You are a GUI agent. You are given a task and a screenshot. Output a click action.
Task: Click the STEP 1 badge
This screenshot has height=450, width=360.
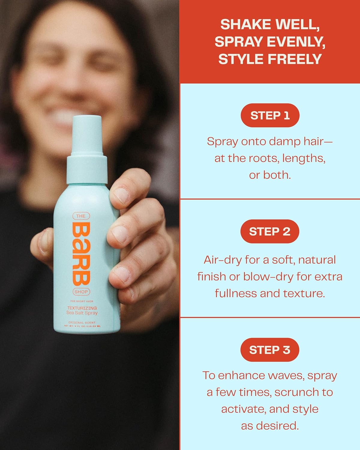point(270,115)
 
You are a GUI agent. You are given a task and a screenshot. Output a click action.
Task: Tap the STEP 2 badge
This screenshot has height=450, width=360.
point(270,231)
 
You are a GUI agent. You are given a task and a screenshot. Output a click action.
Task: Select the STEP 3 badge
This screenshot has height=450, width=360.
point(270,350)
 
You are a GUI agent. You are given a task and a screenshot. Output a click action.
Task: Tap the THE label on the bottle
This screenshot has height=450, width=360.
point(81,216)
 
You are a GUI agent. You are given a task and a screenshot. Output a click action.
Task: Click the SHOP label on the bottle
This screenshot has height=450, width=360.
point(81,292)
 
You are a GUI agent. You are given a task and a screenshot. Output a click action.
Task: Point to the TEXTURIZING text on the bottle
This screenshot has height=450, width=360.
point(82,308)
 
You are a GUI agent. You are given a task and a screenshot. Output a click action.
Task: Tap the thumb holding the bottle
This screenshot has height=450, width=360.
point(42,246)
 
